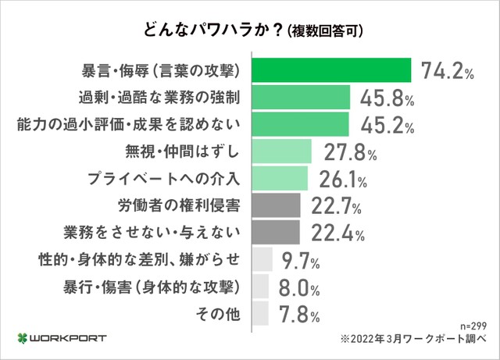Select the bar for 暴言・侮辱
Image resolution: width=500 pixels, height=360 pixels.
[x=331, y=70]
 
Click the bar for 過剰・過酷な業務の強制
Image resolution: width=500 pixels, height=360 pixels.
[x=300, y=97]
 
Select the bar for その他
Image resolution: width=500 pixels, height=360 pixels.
[x=260, y=314]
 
